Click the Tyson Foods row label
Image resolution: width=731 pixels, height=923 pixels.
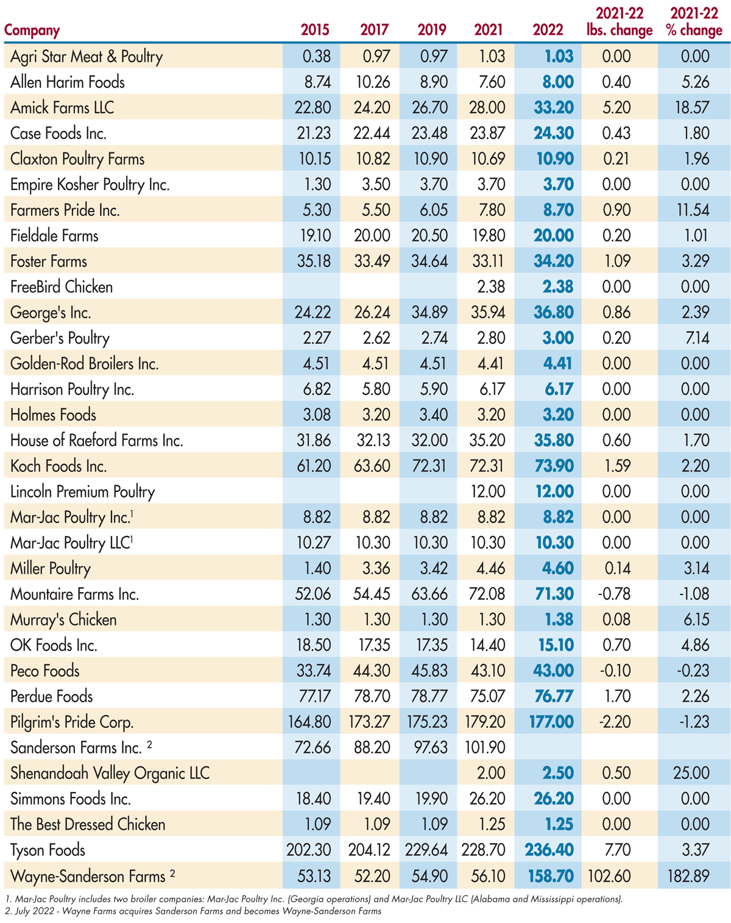pos(48,850)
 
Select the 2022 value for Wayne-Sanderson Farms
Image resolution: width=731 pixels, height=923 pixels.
pos(551,876)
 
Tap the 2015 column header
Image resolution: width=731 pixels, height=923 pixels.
pos(315,30)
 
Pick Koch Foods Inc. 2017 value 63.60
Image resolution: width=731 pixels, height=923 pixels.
pos(372,466)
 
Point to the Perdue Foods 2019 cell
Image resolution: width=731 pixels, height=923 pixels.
pos(430,696)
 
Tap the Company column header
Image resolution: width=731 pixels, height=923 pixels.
pos(32,30)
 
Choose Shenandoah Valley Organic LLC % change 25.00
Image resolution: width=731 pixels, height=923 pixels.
pos(691,773)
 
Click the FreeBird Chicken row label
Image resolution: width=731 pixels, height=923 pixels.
pos(62,287)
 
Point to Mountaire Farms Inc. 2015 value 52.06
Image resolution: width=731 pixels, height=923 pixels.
pos(313,594)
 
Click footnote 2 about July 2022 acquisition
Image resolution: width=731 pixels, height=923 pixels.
pos(192,911)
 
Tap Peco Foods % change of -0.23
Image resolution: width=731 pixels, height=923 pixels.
pos(694,671)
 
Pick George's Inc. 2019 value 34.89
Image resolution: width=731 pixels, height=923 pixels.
pos(430,312)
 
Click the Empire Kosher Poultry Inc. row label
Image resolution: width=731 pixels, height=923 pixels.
pos(90,184)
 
